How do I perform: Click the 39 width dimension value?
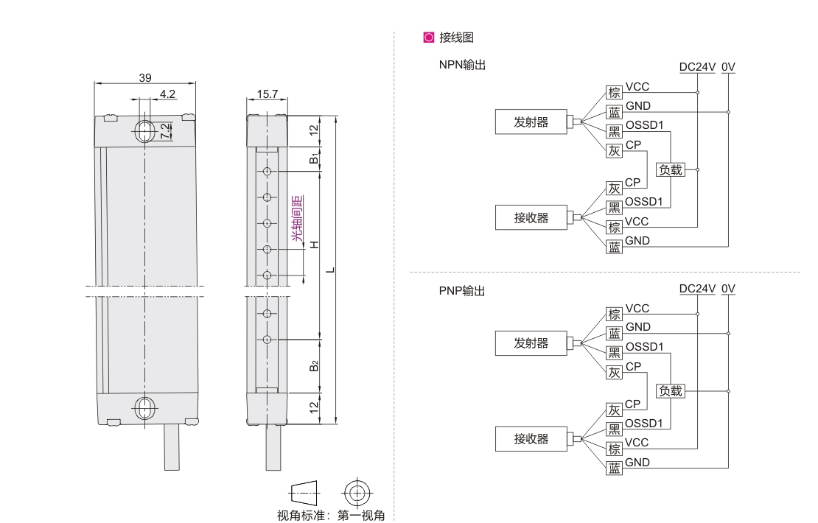click(144, 77)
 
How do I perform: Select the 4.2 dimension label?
click(167, 94)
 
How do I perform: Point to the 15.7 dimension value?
click(266, 94)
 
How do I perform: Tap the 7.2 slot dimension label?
click(166, 130)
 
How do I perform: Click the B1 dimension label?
click(314, 158)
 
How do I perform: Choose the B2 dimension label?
click(314, 366)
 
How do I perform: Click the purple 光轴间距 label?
click(298, 217)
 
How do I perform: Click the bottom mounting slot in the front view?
click(144, 407)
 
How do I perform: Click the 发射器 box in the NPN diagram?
click(531, 122)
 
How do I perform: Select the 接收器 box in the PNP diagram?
click(531, 439)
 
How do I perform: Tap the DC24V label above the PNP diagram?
click(697, 289)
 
